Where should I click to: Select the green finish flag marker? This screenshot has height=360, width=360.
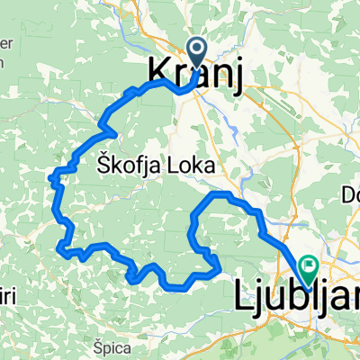pos(310,267)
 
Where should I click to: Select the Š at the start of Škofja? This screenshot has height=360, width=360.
pos(99,164)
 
